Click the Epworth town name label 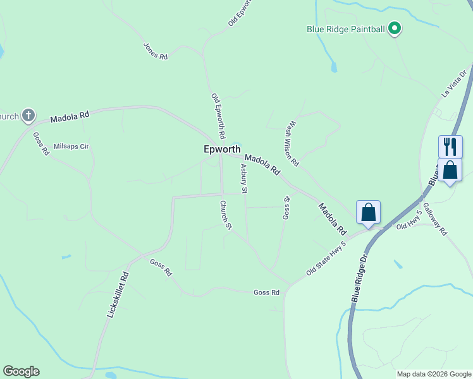[222, 150]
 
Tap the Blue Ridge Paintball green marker [395, 28]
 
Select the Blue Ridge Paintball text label [346, 29]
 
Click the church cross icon [28, 116]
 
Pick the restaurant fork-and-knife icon [450, 147]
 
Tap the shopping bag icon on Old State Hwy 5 [368, 213]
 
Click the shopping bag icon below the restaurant [450, 170]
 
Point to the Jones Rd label [156, 51]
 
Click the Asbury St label [244, 178]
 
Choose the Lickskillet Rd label [118, 294]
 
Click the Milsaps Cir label [71, 145]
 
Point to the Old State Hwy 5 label [326, 258]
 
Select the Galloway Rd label [435, 219]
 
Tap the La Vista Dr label [453, 83]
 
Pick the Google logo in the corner [21, 371]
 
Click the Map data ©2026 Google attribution [434, 374]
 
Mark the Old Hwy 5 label [408, 226]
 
